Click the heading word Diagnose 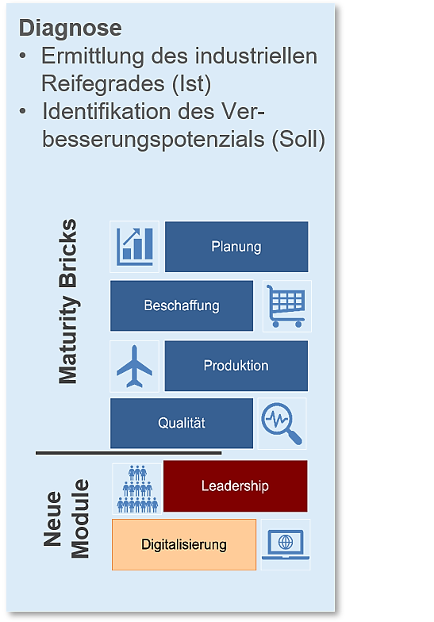[70, 28]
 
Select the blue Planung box [236, 247]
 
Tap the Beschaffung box [182, 306]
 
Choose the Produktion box [236, 366]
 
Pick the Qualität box [182, 424]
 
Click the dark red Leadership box [235, 486]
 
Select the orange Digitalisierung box [184, 544]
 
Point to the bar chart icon [135, 247]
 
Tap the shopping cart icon [286, 306]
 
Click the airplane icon [135, 367]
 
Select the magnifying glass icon [282, 424]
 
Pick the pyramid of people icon [137, 489]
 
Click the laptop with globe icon [286, 544]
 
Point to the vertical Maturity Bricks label [68, 301]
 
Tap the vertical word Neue [52, 519]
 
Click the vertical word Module [80, 519]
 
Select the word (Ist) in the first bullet [192, 84]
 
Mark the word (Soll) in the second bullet [298, 140]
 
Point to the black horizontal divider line [129, 452]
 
